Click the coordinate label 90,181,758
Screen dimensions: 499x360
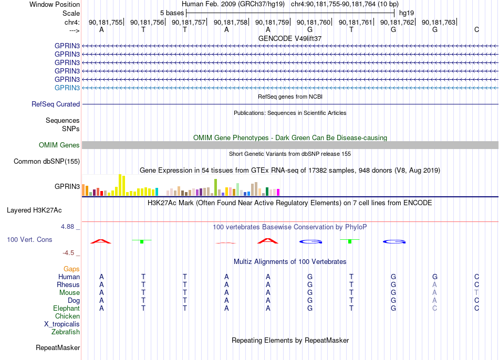click(x=231, y=22)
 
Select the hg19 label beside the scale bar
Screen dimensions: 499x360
click(x=407, y=13)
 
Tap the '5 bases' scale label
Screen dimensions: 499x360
click(x=172, y=13)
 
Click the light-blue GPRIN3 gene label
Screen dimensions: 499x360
click(x=67, y=88)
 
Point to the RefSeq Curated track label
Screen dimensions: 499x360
click(x=56, y=104)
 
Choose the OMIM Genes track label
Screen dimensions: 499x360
click(x=59, y=145)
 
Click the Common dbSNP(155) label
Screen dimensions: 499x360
click(x=47, y=161)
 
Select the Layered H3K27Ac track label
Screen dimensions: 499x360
click(x=34, y=210)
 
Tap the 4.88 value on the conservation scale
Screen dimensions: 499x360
click(x=67, y=226)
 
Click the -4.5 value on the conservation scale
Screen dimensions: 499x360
click(x=68, y=253)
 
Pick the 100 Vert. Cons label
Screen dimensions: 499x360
click(x=29, y=239)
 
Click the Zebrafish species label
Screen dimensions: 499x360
click(x=66, y=332)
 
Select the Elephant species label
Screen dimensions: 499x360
click(x=67, y=308)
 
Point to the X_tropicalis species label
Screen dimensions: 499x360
click(x=62, y=324)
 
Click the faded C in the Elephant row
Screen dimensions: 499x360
click(x=435, y=308)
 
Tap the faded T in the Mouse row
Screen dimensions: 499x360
click(x=476, y=293)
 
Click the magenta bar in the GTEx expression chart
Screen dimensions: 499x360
click(x=278, y=192)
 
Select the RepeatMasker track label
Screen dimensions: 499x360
click(x=58, y=347)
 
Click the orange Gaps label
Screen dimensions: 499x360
click(x=71, y=269)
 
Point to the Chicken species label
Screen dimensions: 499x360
click(x=67, y=316)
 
